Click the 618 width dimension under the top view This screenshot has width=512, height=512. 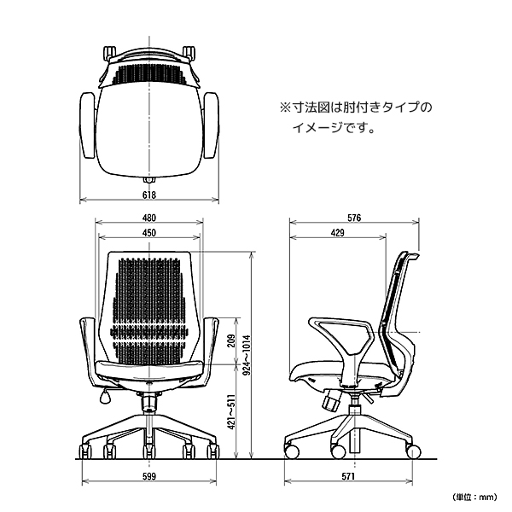click(x=149, y=195)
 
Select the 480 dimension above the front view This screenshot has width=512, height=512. click(x=149, y=218)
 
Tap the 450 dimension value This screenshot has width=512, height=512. click(x=149, y=233)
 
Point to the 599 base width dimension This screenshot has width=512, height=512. click(x=149, y=476)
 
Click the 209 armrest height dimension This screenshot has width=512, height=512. click(x=231, y=340)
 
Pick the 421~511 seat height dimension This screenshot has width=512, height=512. click(x=231, y=412)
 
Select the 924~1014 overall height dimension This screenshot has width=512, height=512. click(x=247, y=355)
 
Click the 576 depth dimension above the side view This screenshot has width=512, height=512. click(x=354, y=218)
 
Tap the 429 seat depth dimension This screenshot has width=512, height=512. click(x=338, y=233)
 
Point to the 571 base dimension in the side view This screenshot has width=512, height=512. click(x=348, y=476)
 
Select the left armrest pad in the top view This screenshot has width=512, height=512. click(x=88, y=125)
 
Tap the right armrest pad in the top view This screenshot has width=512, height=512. click(x=211, y=125)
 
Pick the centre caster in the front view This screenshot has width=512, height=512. click(x=148, y=451)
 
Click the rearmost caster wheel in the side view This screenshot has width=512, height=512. click(x=413, y=451)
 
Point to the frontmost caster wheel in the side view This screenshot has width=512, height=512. click(x=291, y=451)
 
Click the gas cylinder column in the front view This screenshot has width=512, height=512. click(x=149, y=403)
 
